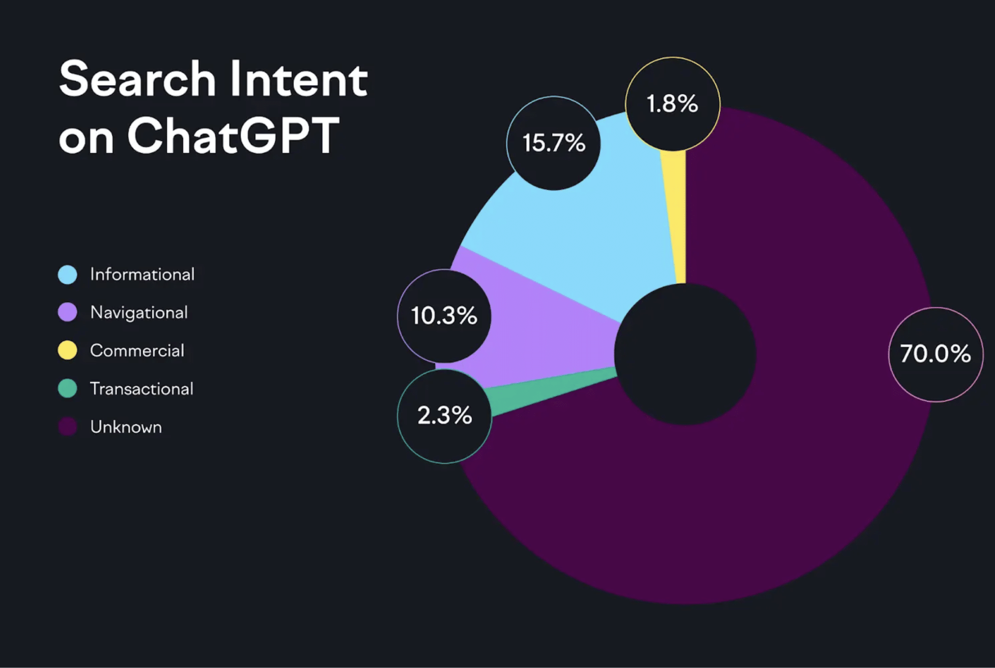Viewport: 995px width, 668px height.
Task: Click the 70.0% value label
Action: click(935, 354)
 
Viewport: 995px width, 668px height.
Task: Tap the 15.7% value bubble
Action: click(554, 143)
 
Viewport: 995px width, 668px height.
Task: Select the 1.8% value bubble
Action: click(672, 104)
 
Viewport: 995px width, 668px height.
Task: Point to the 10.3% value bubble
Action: click(444, 316)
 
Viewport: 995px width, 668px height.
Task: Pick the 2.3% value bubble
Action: click(444, 416)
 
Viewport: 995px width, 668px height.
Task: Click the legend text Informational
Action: click(142, 274)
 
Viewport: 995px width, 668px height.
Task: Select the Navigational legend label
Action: click(139, 312)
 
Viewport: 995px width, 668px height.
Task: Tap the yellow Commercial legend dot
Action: click(67, 350)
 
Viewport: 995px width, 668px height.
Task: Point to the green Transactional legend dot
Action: click(67, 389)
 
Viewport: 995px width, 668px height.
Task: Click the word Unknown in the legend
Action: click(126, 427)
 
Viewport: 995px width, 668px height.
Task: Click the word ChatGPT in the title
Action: click(233, 136)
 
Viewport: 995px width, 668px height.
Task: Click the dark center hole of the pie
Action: click(685, 354)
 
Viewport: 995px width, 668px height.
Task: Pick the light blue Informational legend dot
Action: click(67, 274)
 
